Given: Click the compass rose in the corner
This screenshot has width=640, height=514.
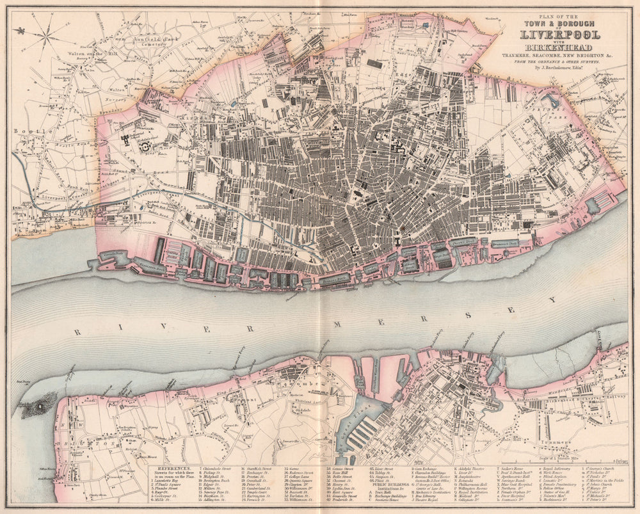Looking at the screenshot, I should pyautogui.click(x=44, y=31).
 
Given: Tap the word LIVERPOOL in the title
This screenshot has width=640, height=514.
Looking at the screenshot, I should pyautogui.click(x=561, y=35).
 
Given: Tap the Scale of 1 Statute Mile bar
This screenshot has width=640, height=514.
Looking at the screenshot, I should pyautogui.click(x=558, y=460).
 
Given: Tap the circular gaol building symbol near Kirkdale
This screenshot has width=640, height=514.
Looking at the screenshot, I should pyautogui.click(x=147, y=146).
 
